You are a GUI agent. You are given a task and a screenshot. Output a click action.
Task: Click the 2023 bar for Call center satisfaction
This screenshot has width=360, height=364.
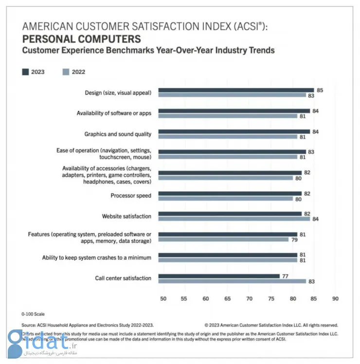(219, 276)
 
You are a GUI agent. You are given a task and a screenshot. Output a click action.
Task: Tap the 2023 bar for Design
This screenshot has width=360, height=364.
(236, 90)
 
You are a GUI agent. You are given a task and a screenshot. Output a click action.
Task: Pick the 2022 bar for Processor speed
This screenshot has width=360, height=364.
(226, 199)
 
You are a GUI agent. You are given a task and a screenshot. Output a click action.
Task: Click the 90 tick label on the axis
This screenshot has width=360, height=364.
(335, 298)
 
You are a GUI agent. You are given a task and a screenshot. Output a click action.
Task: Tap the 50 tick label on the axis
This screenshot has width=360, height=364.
(163, 298)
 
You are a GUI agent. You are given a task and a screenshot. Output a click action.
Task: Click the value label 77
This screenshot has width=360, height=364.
(286, 276)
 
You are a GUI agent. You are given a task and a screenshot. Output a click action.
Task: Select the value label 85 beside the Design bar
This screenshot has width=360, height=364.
(320, 90)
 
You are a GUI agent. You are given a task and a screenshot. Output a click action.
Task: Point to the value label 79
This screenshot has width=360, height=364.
(294, 240)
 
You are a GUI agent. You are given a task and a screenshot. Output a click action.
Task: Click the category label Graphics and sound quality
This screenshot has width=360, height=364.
(118, 134)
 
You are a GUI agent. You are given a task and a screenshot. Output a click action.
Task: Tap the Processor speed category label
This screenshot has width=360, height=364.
(131, 196)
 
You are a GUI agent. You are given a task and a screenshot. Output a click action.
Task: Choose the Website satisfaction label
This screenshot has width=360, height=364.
(126, 216)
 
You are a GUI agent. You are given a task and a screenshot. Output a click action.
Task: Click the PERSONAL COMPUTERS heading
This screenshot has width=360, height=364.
(82, 39)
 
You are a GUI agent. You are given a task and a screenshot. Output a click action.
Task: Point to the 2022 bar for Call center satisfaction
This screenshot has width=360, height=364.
(232, 281)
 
